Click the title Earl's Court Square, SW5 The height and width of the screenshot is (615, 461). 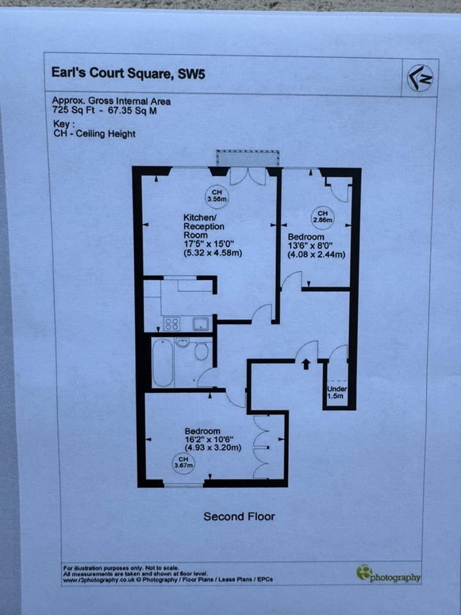pos(128,72)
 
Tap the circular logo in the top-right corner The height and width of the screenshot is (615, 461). pos(420,78)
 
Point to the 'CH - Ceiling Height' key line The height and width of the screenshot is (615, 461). pos(95,134)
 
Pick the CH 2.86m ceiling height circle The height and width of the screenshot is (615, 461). pos(323,217)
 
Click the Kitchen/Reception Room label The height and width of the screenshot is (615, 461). pos(204,226)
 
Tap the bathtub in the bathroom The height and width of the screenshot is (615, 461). pos(163,363)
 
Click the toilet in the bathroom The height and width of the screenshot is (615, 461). pos(201,351)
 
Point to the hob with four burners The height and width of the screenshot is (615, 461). pos(171,324)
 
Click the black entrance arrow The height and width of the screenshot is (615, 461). pos(305,364)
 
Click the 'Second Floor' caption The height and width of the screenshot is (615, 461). pos(239,516)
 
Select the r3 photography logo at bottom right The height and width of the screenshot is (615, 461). pos(389,574)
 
